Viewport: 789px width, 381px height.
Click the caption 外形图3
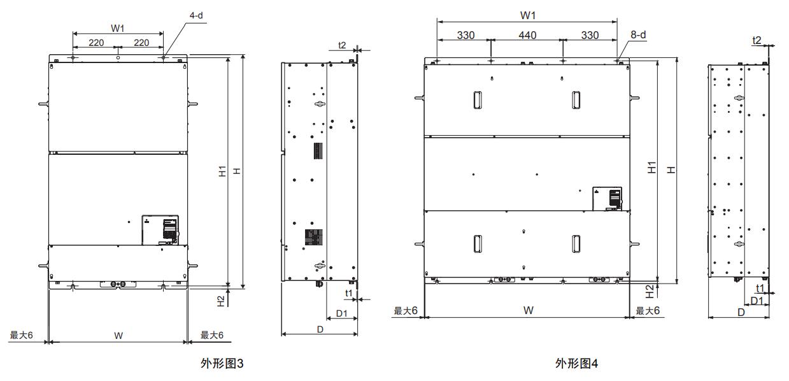(x=222, y=364)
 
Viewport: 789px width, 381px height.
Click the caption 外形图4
(x=577, y=364)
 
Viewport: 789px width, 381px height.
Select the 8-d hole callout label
(x=638, y=35)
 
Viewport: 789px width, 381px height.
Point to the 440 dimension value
(x=527, y=36)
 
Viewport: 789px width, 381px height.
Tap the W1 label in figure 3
(x=118, y=28)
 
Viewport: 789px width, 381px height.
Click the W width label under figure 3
(x=118, y=336)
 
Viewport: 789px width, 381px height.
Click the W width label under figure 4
(x=528, y=310)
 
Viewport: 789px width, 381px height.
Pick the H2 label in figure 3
(x=220, y=299)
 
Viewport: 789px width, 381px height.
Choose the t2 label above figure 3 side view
(x=342, y=45)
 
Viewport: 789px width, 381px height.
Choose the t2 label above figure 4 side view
(x=757, y=40)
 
